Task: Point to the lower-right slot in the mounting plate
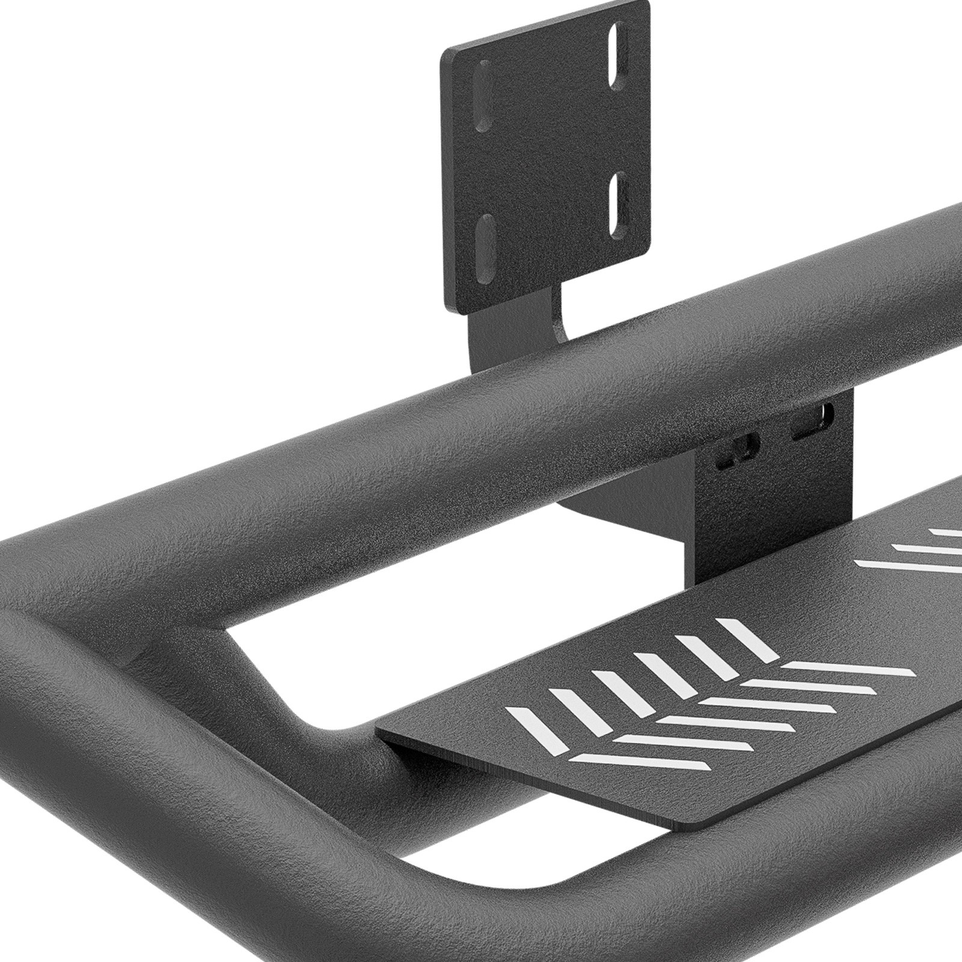(616, 212)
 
